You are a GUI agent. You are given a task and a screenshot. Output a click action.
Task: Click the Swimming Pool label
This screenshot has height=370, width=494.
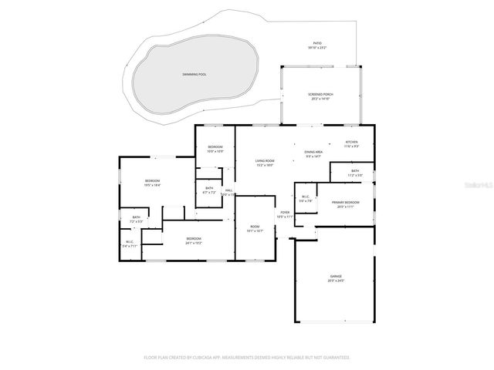pyautogui.click(x=195, y=74)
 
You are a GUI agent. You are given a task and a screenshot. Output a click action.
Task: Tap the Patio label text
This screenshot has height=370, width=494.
pyautogui.click(x=317, y=44)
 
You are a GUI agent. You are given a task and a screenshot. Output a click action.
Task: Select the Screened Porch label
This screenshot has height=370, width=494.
pyautogui.click(x=320, y=95)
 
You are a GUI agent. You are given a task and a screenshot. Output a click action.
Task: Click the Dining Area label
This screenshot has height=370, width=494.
pyautogui.click(x=313, y=153)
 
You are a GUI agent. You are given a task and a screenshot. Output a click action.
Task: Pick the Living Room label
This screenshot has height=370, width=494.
pyautogui.click(x=265, y=160)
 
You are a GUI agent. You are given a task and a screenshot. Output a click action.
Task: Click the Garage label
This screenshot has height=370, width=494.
pyautogui.click(x=336, y=276)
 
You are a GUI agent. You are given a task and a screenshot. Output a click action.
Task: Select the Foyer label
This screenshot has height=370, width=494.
pyautogui.click(x=285, y=213)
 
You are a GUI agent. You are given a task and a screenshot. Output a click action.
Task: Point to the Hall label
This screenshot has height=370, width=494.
pyautogui.click(x=229, y=190)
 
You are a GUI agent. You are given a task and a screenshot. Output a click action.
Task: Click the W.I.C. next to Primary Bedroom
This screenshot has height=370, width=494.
pyautogui.click(x=306, y=199)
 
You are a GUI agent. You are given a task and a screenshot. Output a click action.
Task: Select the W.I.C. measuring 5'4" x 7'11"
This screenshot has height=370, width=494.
pyautogui.click(x=130, y=244)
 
